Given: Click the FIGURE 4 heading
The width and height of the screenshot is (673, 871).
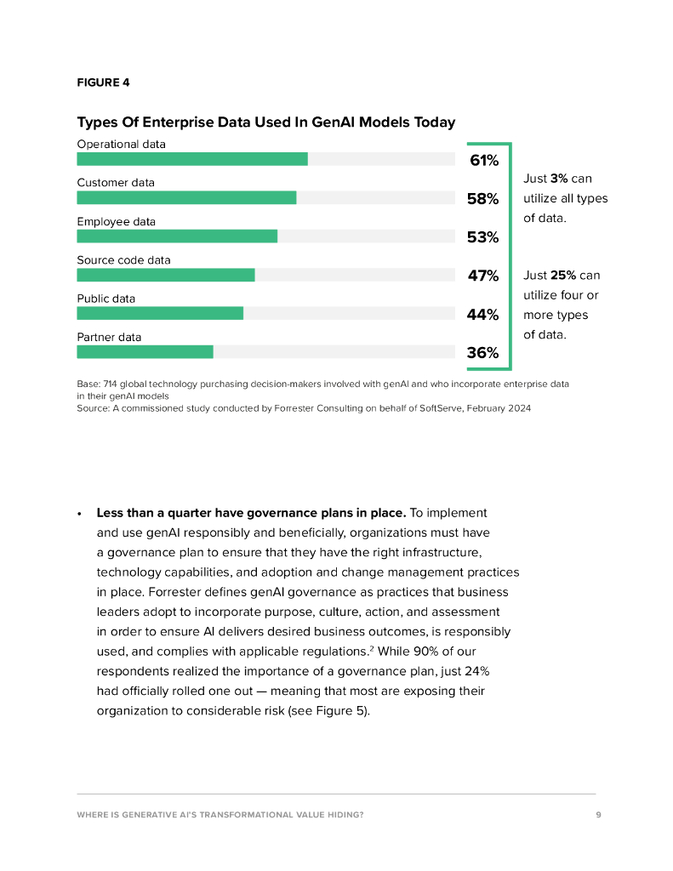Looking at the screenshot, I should point(103,83).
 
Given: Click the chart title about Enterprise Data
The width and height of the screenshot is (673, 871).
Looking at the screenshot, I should point(265,122).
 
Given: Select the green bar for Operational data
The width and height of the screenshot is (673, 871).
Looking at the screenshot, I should point(192,159).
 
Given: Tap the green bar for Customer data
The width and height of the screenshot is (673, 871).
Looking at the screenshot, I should point(186,197).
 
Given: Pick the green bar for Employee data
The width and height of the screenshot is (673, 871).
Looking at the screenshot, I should point(177,236).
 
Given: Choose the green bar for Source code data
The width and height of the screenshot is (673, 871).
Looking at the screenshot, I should point(166,275).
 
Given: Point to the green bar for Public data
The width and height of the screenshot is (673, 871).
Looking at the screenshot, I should point(160,313).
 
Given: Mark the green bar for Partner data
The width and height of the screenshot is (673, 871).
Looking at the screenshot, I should point(145,352).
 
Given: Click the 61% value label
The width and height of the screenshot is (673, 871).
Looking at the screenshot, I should point(483,160).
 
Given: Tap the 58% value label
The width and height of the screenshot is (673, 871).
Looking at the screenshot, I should point(482,198).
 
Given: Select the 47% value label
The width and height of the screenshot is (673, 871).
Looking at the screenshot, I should point(482,276).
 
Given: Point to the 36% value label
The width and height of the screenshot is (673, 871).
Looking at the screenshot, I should point(482,353).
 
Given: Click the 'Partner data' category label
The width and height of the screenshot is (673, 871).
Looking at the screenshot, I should point(109,337).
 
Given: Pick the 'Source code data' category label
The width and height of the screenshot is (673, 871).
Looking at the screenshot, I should point(123,260).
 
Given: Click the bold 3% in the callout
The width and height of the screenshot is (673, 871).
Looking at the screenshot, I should point(558,179).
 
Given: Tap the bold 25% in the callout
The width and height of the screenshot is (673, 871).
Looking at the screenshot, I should point(562,276).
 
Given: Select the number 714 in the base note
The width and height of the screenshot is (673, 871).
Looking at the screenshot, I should point(111,384).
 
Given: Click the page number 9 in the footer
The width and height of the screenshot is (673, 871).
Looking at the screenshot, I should point(598,814).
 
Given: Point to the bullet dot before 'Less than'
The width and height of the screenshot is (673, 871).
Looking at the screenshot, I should point(79,515).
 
